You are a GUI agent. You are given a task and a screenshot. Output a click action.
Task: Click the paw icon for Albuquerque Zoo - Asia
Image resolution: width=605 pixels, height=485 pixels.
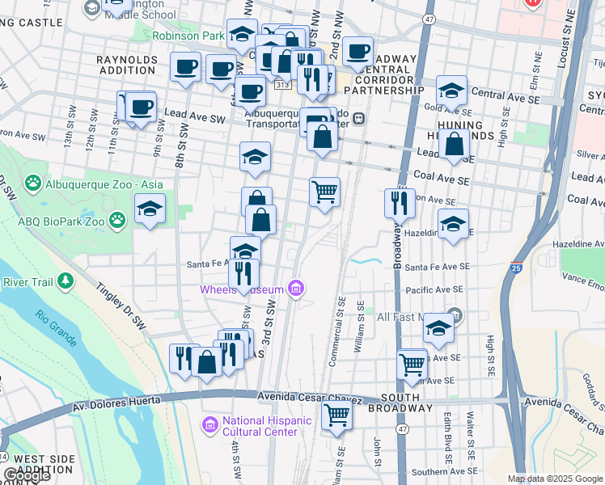33,184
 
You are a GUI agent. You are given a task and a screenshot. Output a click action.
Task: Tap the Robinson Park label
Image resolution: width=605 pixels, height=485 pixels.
188,36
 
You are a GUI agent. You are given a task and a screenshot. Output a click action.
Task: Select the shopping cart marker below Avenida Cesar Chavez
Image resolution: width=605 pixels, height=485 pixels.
336,416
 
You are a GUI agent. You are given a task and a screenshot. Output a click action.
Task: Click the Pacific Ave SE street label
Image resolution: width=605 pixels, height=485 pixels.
434,289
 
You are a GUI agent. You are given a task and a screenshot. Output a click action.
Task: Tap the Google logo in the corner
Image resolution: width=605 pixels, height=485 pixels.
27,476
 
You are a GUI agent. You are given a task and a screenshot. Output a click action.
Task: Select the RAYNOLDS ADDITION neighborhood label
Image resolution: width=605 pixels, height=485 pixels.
125,65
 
